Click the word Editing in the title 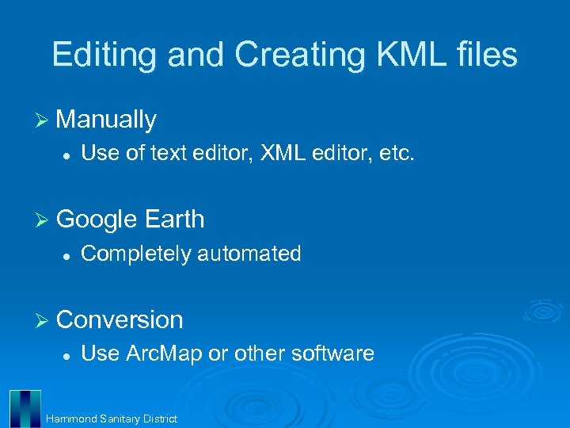coord(99,55)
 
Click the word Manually coord(107,120)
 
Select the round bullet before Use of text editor coord(68,155)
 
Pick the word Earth coord(176,220)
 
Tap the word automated coord(249,254)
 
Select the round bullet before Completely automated coord(68,255)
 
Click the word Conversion coord(120,319)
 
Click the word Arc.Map coord(165,353)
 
